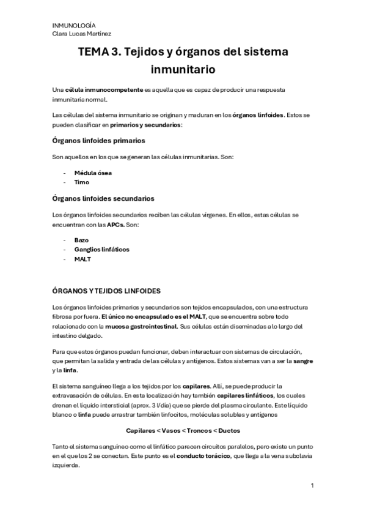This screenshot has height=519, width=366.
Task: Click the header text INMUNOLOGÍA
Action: (x=71, y=26)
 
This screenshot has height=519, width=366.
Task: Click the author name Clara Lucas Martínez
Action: (x=82, y=34)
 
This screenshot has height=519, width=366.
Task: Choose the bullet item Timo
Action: (x=82, y=182)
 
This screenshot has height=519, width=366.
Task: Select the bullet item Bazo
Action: (x=82, y=241)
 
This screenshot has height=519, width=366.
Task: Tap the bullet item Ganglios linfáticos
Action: (x=101, y=250)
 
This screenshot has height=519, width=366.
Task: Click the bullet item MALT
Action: (x=82, y=259)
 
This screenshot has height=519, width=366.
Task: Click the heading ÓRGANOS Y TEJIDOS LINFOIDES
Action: (x=107, y=291)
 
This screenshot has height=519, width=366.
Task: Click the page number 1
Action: (x=312, y=486)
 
